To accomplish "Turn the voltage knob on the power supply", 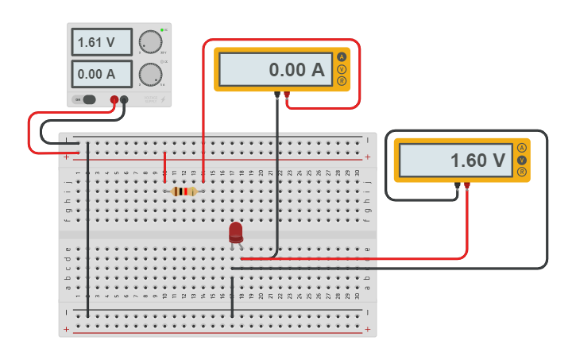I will tap(149, 42).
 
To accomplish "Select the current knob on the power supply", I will tap(149, 75).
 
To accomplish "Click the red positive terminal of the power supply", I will tap(114, 99).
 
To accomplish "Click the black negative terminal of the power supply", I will tap(124, 99).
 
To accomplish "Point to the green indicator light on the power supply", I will tap(162, 30).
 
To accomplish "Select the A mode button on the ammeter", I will tap(342, 57).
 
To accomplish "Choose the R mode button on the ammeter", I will tap(342, 81).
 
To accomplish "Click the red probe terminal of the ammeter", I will tap(287, 95).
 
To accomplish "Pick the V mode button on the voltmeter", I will tap(522, 160).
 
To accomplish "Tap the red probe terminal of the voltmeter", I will tap(467, 186).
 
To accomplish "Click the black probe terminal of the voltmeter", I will tap(458, 186).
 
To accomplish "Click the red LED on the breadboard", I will tap(236, 232).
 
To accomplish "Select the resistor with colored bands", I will tap(184, 191).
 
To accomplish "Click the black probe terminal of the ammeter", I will tap(277, 95).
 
